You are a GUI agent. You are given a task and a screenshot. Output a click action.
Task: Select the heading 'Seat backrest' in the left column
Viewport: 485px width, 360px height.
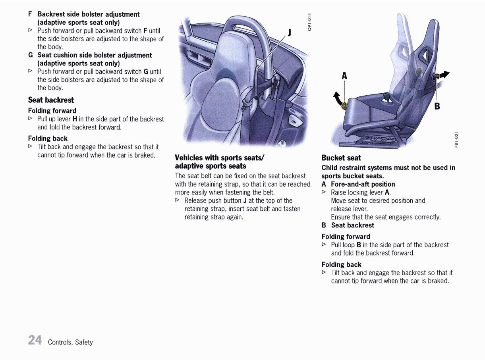51,100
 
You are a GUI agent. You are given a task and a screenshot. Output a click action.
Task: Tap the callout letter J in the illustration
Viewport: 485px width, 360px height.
290,33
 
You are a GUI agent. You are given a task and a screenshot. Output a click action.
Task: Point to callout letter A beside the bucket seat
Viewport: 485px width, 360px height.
344,76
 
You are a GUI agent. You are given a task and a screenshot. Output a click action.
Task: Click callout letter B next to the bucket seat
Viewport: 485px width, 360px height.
437,106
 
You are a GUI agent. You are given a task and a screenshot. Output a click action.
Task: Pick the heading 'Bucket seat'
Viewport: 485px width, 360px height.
341,158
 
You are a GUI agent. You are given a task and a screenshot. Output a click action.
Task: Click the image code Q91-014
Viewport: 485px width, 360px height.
310,22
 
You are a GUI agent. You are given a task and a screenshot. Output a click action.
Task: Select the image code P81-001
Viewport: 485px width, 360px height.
456,140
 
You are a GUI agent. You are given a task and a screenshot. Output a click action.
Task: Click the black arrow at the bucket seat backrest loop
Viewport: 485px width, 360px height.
444,74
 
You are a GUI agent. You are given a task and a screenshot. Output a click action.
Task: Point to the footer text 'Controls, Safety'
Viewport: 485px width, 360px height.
70,342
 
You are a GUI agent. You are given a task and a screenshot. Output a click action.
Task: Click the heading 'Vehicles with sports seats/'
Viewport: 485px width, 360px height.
220,158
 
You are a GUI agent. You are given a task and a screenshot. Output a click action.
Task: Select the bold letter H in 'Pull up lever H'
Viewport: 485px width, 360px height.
75,119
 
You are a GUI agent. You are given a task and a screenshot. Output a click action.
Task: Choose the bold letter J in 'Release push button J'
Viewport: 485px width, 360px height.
245,200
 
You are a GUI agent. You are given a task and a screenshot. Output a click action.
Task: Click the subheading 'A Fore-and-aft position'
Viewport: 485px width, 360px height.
358,184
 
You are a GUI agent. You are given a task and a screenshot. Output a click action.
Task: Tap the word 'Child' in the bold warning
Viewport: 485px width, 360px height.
330,167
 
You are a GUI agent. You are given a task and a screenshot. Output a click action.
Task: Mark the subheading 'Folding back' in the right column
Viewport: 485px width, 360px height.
341,264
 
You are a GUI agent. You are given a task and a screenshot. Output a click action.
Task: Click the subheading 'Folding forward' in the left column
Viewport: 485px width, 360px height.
52,111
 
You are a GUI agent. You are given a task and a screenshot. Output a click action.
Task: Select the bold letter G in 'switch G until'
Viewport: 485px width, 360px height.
146,71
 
